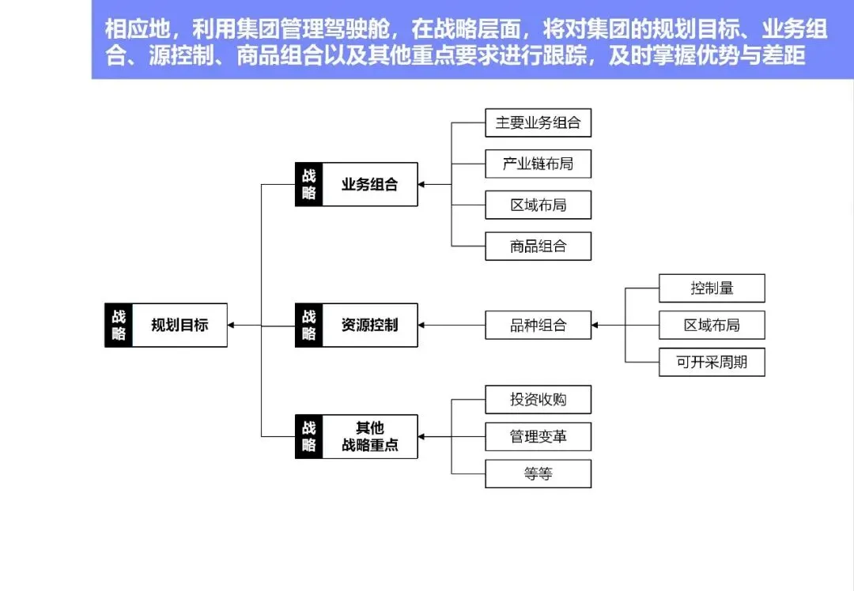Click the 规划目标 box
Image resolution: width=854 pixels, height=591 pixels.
[x=179, y=325]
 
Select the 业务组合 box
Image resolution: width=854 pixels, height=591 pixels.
[x=369, y=185]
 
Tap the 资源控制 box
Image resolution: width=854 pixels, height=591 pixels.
[x=369, y=325]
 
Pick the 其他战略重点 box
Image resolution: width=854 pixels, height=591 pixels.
[x=369, y=436]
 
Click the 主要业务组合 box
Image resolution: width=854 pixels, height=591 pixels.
[x=538, y=123]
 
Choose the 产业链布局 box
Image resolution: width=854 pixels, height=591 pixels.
[x=538, y=164]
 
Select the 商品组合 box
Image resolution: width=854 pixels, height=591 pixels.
[x=538, y=246]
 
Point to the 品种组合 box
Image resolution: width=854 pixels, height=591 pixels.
[x=538, y=325]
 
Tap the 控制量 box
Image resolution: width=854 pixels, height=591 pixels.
[x=712, y=288]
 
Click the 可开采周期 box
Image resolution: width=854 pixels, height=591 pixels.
[x=712, y=363]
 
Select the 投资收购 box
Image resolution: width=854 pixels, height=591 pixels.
[x=538, y=400]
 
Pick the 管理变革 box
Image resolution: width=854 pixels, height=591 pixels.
[x=538, y=436]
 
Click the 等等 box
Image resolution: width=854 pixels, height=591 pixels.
[x=538, y=474]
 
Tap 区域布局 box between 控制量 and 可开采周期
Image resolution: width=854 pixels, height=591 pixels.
[x=712, y=325]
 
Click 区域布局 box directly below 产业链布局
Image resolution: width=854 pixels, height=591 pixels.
[x=538, y=205]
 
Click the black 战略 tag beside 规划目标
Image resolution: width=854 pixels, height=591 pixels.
[x=119, y=325]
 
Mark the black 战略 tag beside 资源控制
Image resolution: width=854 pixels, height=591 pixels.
[x=308, y=325]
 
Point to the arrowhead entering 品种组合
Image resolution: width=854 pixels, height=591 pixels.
[x=595, y=325]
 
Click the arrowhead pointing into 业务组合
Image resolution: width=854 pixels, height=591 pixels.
[x=422, y=185]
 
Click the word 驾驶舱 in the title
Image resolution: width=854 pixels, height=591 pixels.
[x=356, y=30]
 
